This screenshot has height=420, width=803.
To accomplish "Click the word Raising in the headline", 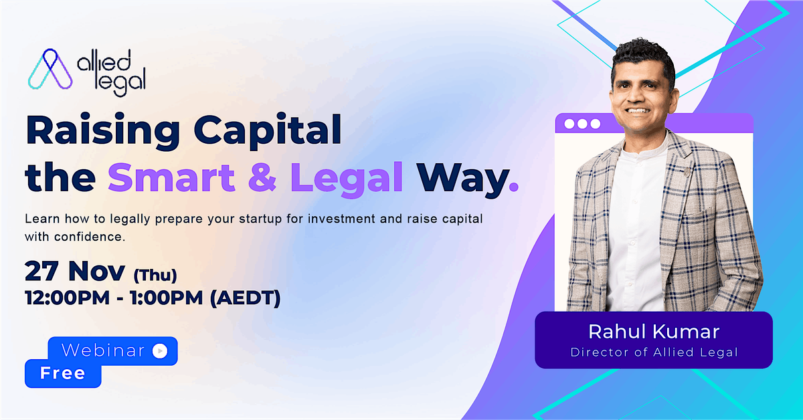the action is point(103,131).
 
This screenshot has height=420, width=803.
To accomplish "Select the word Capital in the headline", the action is point(268,131).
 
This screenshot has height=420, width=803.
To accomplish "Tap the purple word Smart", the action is point(171,177).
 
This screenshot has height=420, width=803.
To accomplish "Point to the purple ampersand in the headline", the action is point(262,177).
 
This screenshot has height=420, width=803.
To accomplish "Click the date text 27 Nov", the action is point(75,271).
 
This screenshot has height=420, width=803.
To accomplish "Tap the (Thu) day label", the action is point(155,276).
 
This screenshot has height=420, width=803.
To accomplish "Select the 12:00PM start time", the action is point(68,298).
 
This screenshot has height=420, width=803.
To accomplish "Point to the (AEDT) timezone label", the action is point(245,298).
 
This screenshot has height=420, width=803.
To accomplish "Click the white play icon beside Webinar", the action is point(160,351).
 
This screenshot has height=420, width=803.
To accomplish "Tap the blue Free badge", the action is point(63,373).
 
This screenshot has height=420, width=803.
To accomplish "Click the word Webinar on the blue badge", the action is point(103,350).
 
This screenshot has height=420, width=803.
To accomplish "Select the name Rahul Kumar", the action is point(654,332).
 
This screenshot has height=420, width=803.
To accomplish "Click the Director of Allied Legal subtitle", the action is point(654,352).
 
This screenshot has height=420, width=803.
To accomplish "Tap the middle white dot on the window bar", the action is point(582,124).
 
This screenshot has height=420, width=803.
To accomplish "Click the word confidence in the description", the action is point(89,237).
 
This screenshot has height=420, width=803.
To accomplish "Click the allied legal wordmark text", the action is point(112,73).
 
